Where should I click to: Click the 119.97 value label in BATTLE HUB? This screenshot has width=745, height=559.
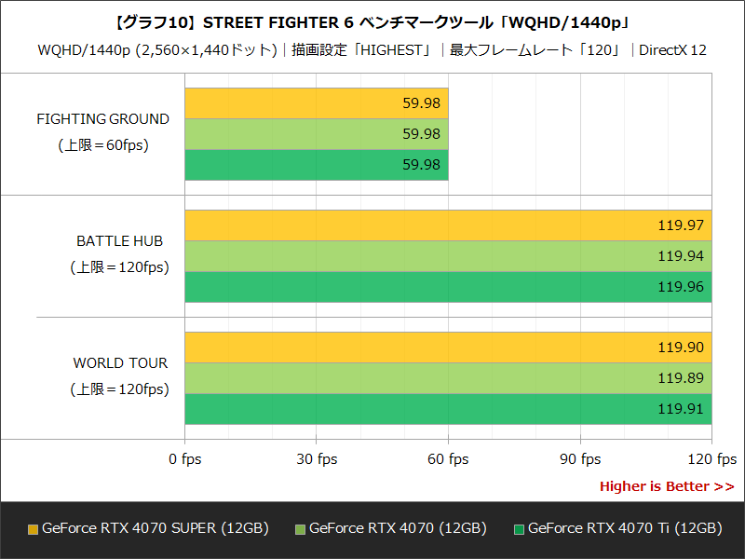point(680,225)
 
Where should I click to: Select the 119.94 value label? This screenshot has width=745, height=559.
point(680,256)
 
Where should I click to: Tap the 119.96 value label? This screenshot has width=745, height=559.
point(680,287)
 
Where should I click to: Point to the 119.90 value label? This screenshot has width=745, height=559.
point(680,348)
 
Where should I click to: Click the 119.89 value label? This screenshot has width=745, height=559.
point(680,378)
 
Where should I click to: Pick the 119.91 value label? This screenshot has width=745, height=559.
point(680,409)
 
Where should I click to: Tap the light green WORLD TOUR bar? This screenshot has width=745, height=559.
point(419,378)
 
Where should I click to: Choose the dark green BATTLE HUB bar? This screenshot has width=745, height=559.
point(419,287)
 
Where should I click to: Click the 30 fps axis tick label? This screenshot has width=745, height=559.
point(317,459)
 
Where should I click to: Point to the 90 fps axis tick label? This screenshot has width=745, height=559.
point(580,459)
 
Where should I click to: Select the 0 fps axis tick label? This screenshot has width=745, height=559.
point(185,459)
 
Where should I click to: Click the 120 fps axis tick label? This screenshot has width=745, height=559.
point(711,459)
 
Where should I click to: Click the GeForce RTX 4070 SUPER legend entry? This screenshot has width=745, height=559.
point(149,528)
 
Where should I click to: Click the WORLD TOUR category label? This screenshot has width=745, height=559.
point(121,363)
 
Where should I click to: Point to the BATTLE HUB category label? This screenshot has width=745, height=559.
point(119,241)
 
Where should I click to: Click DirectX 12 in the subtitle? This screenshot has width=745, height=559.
point(672,49)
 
